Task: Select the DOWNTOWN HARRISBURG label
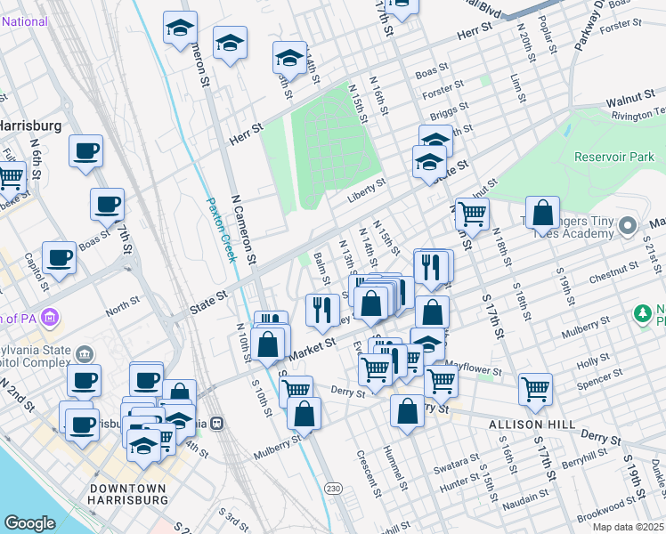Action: point(129,495)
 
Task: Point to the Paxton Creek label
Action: point(222,229)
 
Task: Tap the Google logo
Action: point(29,523)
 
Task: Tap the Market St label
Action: point(309,344)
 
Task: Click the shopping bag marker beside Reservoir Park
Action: point(542,214)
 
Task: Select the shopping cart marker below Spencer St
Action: point(535,388)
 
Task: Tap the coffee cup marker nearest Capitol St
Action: point(60,258)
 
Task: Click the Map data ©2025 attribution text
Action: point(628,527)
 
